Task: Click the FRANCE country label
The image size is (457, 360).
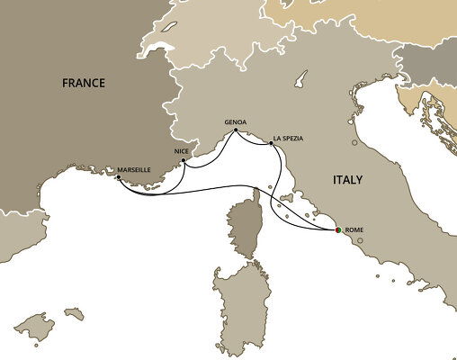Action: point(84,83)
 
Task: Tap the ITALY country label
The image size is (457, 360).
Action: point(347,180)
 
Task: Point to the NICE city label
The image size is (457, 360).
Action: point(181,152)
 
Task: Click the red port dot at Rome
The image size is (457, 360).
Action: point(337,231)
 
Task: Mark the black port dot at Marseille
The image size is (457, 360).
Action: point(119,177)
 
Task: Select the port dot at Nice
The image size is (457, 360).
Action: point(184,161)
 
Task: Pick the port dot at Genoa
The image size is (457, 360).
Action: point(236,130)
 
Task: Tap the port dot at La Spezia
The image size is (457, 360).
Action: point(271,142)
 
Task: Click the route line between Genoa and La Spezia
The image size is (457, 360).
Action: point(254,134)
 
